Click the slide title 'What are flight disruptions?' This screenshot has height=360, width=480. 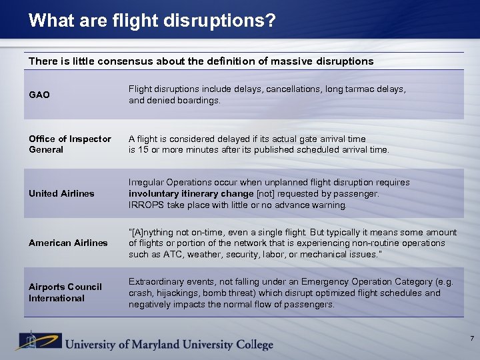[x=152, y=21]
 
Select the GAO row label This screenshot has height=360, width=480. [x=39, y=95]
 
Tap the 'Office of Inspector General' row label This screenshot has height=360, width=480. [x=70, y=144]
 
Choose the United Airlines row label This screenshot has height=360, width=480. [x=61, y=193]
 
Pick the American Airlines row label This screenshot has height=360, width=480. [x=68, y=243]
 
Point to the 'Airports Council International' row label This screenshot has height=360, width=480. [x=65, y=292]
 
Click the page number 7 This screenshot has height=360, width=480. [x=471, y=339]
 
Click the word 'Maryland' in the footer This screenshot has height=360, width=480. [x=163, y=344]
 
